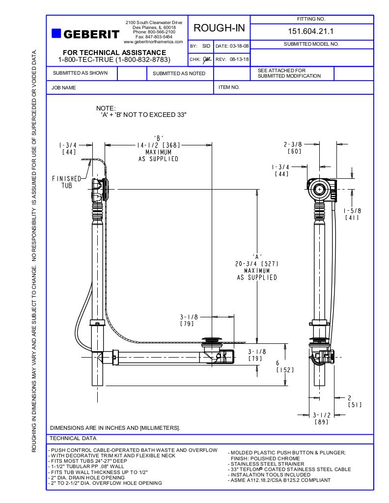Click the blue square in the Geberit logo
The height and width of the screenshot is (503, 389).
[x=56, y=33]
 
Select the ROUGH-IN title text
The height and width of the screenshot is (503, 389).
[x=219, y=28]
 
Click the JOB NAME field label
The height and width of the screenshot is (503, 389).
[x=64, y=87]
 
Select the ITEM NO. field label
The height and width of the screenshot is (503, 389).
[x=229, y=87]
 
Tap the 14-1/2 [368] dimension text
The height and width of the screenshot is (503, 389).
[x=159, y=145]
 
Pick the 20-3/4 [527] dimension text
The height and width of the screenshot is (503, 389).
[x=257, y=264]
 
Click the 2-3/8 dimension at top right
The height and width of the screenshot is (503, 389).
[x=293, y=144]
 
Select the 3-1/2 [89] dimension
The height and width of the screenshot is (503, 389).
[x=321, y=418]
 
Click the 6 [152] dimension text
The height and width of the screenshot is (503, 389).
[x=285, y=366]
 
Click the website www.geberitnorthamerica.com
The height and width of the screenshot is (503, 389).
[x=153, y=42]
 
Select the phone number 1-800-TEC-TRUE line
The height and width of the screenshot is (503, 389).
[x=114, y=59]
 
